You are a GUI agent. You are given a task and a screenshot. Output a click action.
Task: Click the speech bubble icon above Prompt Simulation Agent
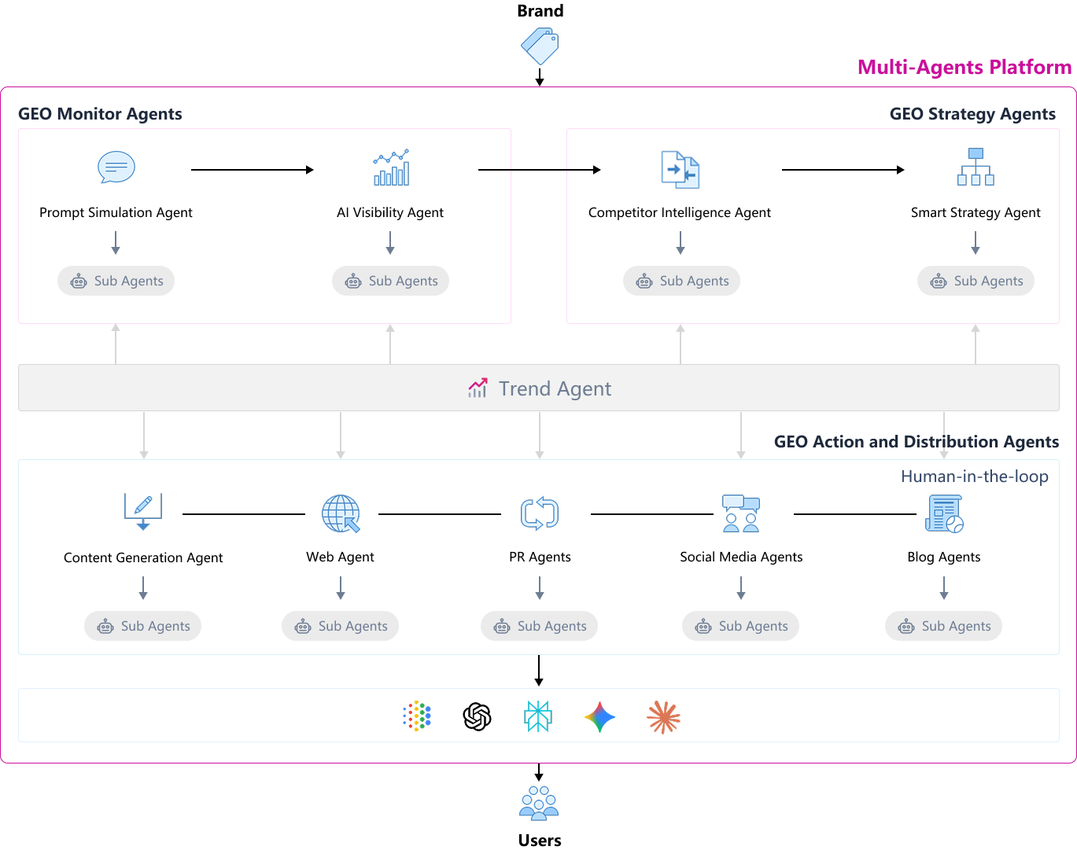[x=116, y=167]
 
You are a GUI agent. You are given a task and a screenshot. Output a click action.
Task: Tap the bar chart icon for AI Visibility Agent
[x=391, y=167]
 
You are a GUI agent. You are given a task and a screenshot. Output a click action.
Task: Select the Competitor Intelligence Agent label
[x=680, y=212]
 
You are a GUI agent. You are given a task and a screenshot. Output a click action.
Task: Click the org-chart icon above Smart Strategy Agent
[x=976, y=167]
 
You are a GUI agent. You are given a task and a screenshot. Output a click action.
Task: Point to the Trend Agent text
[x=555, y=388]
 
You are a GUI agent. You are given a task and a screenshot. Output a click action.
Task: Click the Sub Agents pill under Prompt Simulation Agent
[x=116, y=281]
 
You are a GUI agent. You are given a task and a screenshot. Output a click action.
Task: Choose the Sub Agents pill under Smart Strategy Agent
[x=976, y=281]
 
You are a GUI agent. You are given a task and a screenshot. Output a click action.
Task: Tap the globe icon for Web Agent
[x=341, y=513]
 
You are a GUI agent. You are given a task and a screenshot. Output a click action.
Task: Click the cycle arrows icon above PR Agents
[x=540, y=513]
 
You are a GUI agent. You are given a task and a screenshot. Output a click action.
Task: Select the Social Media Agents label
[x=741, y=557]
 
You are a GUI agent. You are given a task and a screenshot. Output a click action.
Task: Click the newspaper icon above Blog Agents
[x=944, y=513]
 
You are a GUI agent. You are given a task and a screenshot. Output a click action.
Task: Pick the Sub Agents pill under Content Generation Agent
[x=143, y=626]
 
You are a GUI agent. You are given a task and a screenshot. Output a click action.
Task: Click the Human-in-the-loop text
[x=974, y=477]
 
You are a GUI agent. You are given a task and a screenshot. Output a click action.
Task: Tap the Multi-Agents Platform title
[x=964, y=67]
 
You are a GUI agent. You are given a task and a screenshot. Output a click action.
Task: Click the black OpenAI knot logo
[x=477, y=716]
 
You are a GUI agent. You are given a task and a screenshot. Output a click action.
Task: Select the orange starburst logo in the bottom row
[x=663, y=717]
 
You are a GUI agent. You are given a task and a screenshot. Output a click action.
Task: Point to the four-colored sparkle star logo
[x=600, y=717]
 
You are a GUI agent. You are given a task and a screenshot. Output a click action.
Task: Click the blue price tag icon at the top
[x=540, y=46]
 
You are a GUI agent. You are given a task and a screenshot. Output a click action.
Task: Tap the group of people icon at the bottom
[x=539, y=803]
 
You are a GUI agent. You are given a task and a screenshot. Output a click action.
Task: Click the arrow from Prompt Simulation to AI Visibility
[x=252, y=170]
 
